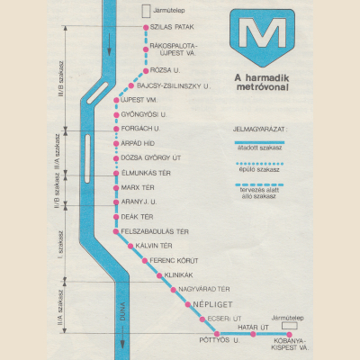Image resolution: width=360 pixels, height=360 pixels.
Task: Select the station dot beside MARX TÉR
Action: [115, 186]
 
